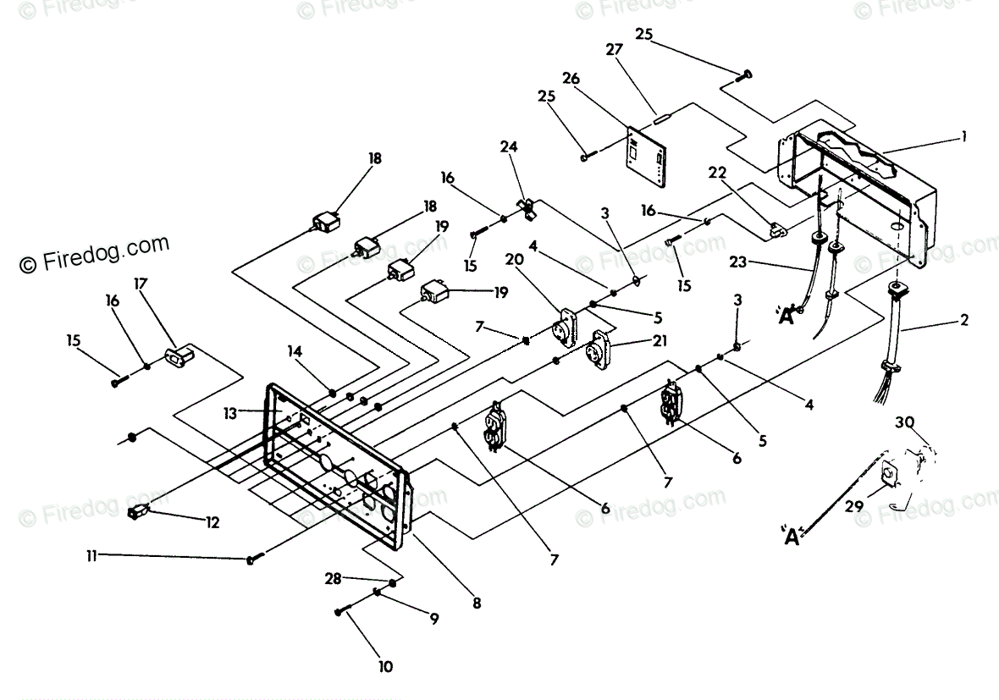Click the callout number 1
(964, 135)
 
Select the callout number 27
(614, 49)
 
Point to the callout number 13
(230, 413)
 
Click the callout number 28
(334, 578)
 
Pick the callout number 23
(737, 262)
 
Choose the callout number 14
(295, 351)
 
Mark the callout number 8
(477, 603)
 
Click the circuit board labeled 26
(647, 157)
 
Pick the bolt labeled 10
(339, 612)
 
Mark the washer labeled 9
(378, 593)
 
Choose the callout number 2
(964, 320)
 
